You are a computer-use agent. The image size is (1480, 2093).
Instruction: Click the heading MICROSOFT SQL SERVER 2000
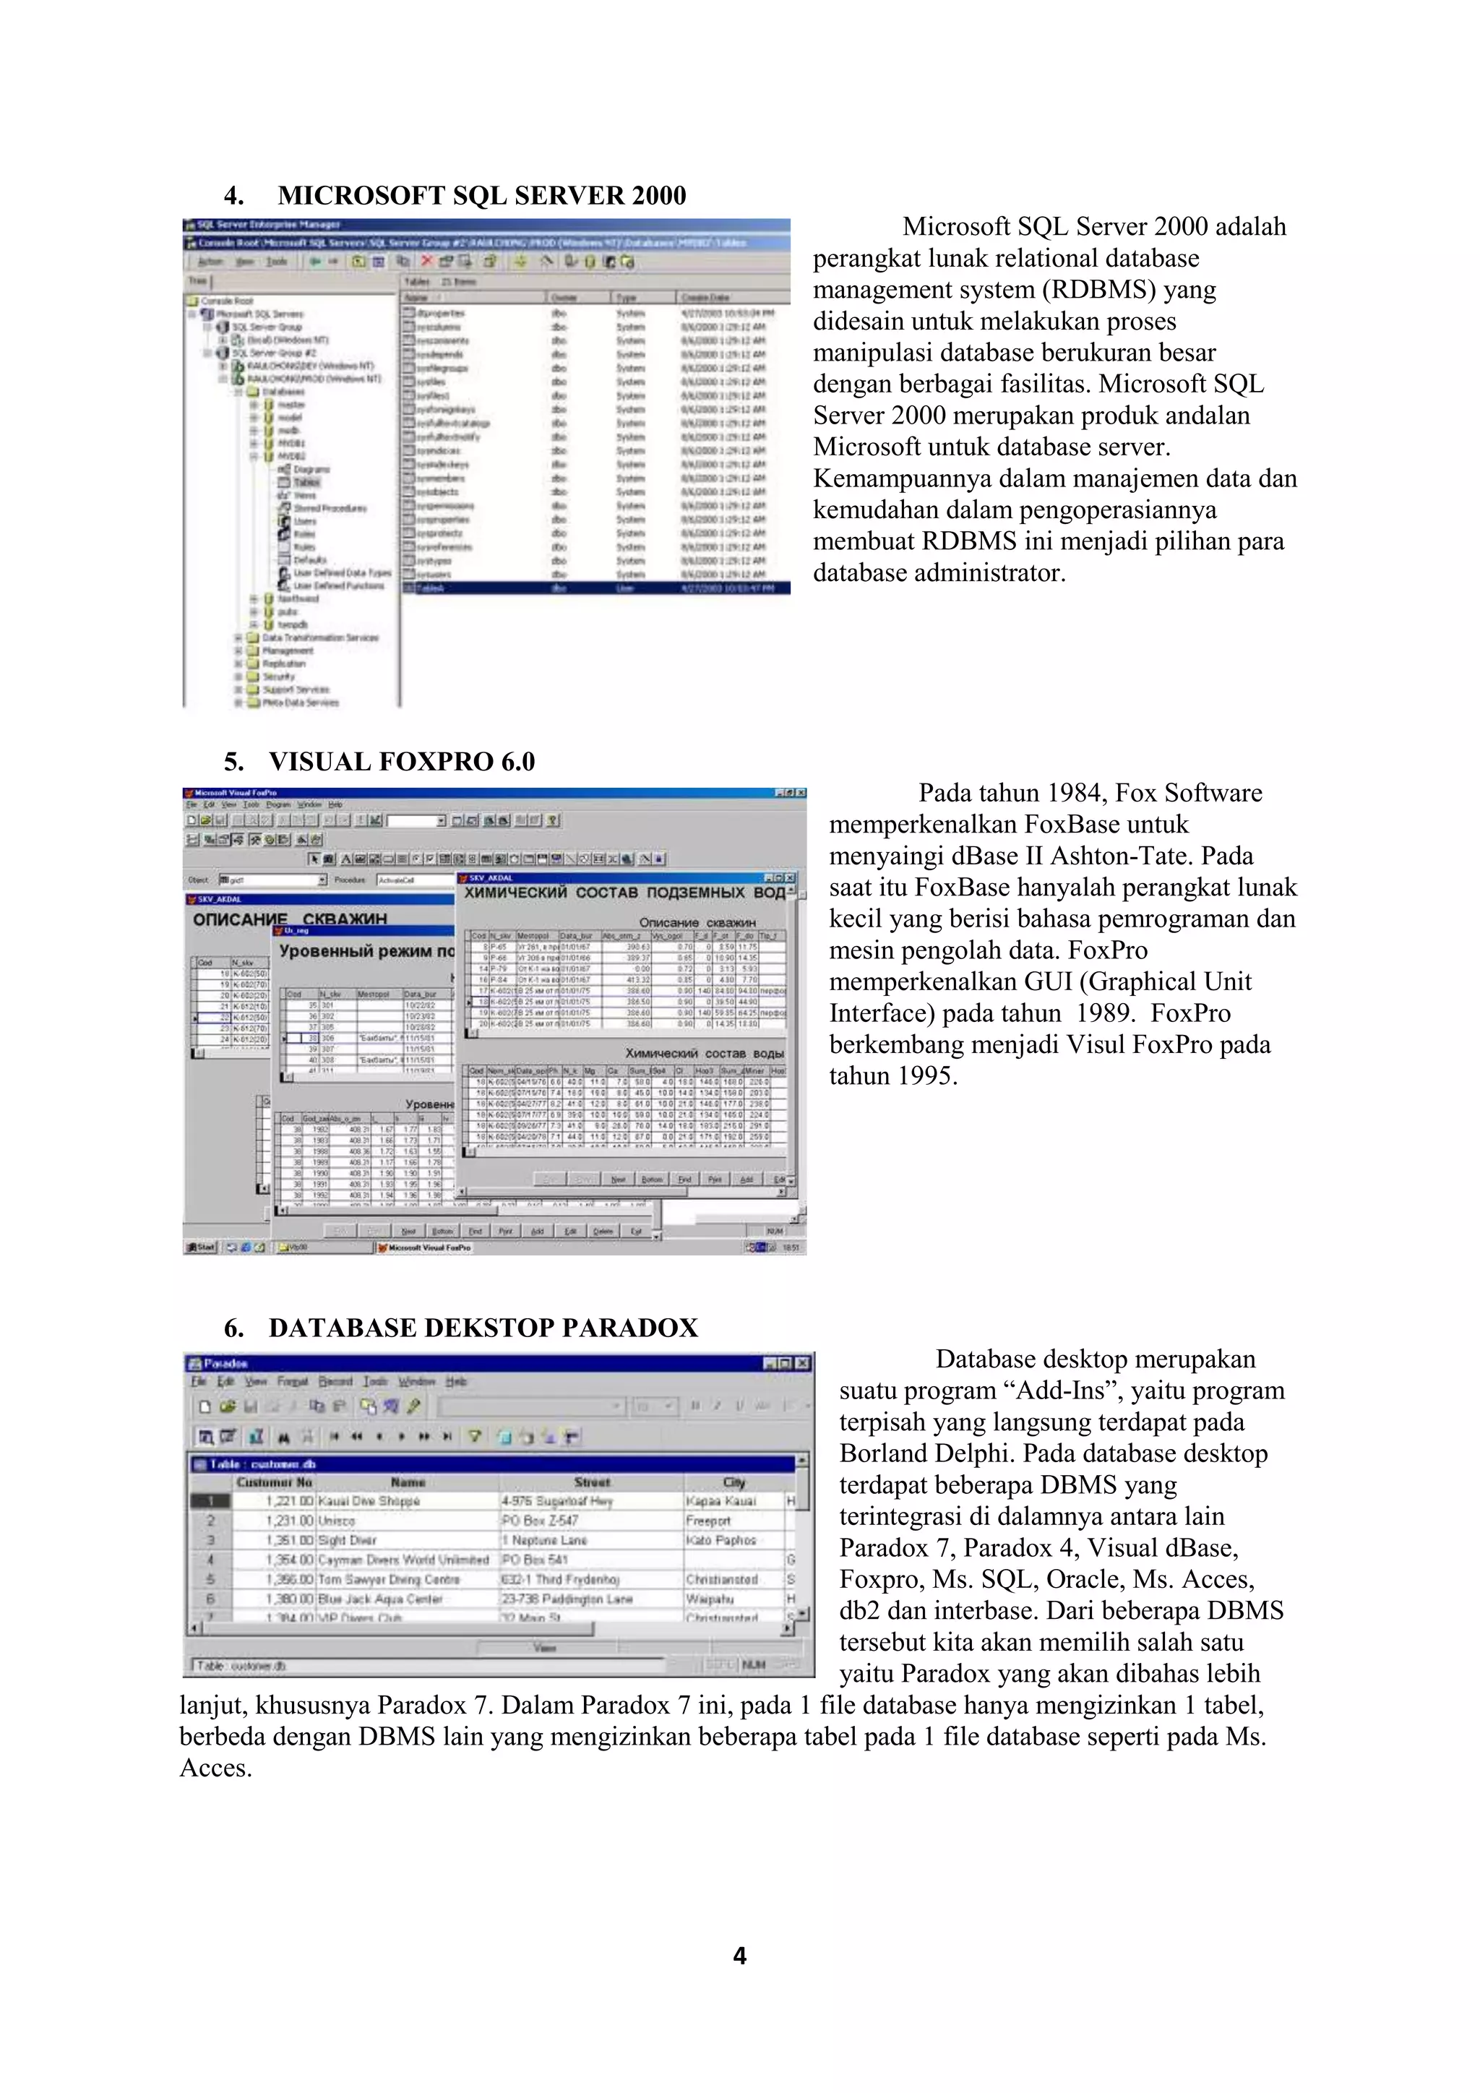(x=481, y=195)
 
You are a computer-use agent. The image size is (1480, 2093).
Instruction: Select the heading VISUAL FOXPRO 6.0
(x=401, y=761)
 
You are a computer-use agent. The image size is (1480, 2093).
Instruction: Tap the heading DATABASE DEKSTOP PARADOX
(x=483, y=1327)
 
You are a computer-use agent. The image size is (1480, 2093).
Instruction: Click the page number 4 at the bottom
(x=739, y=1956)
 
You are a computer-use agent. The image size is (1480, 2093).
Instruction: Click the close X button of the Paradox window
(x=802, y=1364)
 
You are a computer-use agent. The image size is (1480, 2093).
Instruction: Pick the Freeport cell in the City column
(x=708, y=1521)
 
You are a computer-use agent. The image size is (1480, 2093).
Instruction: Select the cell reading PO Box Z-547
(x=540, y=1521)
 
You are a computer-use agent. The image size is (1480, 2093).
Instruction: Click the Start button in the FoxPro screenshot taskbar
(x=200, y=1247)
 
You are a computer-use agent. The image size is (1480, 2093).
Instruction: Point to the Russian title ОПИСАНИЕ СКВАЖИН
(x=290, y=919)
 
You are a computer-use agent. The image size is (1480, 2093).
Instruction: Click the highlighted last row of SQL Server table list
(x=596, y=588)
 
